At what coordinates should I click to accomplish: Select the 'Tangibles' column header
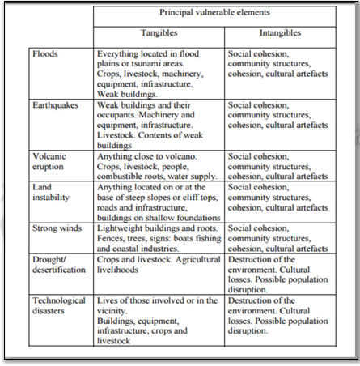(x=159, y=36)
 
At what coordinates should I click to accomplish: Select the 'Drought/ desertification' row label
(x=60, y=268)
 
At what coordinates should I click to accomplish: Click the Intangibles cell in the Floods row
(x=280, y=64)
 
